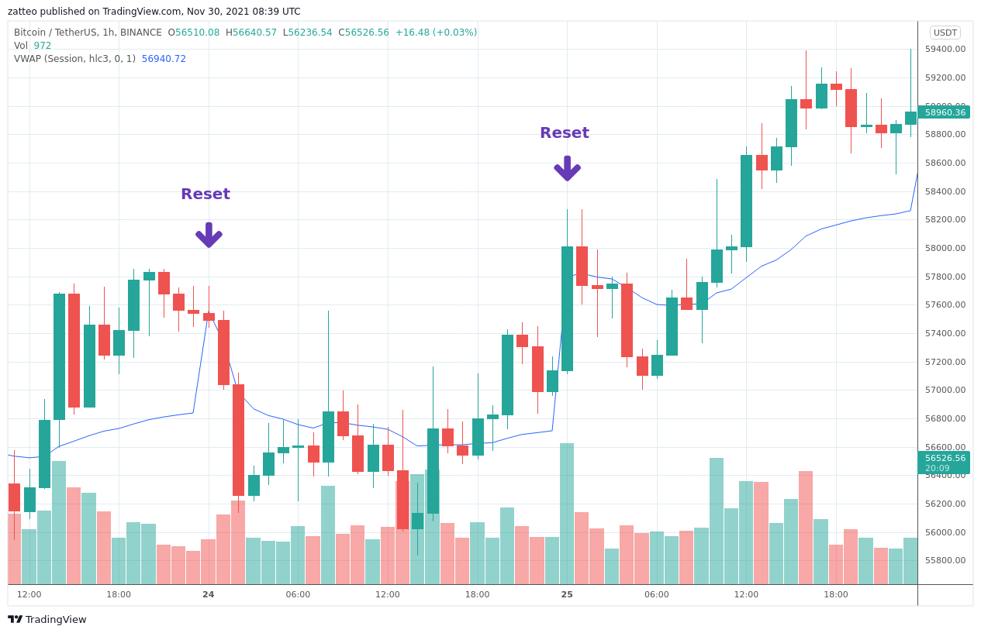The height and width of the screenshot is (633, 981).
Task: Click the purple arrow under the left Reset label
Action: [209, 235]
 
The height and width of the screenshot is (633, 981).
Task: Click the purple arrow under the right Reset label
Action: [567, 168]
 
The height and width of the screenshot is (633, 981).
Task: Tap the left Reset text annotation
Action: [206, 194]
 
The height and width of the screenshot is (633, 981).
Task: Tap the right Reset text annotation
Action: [565, 133]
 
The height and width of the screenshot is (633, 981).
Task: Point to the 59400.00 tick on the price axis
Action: [945, 49]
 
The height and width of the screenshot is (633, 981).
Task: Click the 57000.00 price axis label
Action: [945, 390]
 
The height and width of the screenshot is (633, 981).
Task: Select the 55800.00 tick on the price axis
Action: [945, 560]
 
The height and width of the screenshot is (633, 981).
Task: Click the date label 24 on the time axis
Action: [209, 594]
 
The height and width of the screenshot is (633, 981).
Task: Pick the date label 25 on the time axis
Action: [567, 594]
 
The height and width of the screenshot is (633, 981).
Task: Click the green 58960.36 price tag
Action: [944, 112]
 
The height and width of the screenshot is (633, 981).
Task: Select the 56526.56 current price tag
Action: [944, 458]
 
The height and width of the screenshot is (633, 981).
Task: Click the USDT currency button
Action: [945, 33]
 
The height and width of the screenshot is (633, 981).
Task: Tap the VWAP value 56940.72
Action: [164, 59]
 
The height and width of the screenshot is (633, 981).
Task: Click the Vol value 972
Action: [43, 46]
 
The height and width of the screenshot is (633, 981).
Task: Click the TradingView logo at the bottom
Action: [47, 619]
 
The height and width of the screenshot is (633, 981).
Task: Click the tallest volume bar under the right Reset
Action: [567, 513]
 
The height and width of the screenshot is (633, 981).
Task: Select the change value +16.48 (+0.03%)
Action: [436, 33]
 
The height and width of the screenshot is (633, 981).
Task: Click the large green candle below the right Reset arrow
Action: [567, 308]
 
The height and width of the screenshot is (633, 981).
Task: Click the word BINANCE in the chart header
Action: [141, 33]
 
